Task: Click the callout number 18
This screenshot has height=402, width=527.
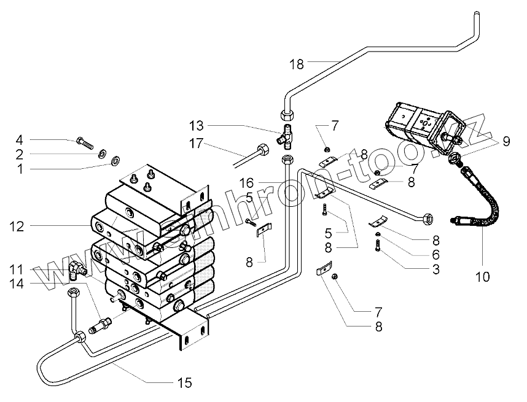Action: tap(297, 64)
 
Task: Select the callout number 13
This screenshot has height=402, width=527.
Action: tap(197, 126)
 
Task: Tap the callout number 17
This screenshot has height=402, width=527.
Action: tap(197, 144)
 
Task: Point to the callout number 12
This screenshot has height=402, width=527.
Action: tap(17, 226)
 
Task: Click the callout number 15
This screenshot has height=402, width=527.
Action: tap(184, 382)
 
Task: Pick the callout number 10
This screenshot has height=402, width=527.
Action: tap(483, 277)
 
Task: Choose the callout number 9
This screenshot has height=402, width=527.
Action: tap(506, 141)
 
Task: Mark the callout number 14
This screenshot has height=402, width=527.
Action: tap(17, 284)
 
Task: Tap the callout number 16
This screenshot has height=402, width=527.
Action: tap(246, 183)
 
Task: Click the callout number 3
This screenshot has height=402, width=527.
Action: tap(436, 269)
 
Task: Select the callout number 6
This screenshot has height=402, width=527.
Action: tap(436, 255)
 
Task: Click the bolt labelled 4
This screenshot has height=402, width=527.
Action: tap(84, 143)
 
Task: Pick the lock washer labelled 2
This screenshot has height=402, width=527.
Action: tap(102, 154)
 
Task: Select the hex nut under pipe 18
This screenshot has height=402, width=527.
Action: tap(287, 115)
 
